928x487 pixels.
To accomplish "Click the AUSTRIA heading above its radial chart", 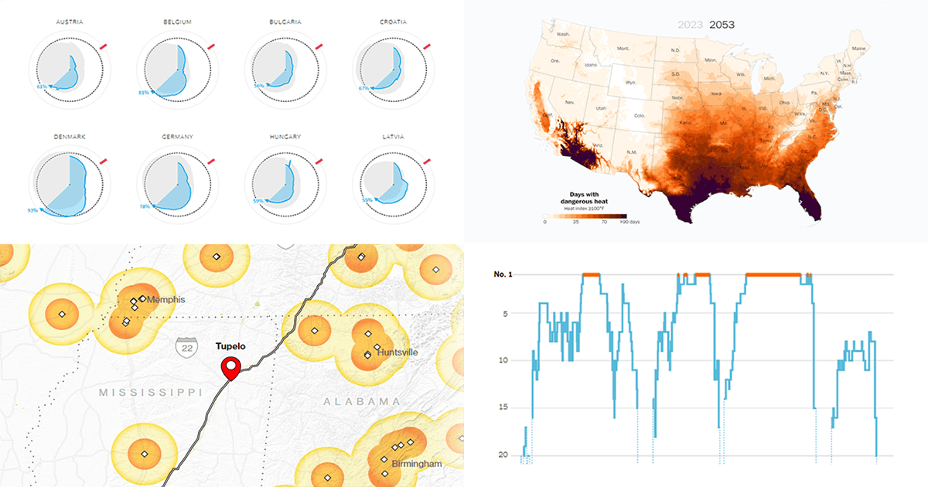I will [x=70, y=22].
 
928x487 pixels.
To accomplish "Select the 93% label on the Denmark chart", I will [x=32, y=210].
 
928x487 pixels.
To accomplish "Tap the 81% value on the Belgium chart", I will [x=143, y=93].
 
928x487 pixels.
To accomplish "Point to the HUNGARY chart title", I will [x=286, y=137].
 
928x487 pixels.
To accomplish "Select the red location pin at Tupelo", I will [x=230, y=369].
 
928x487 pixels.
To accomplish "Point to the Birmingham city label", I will [x=416, y=464].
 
